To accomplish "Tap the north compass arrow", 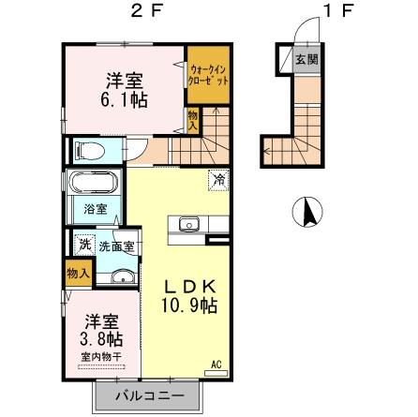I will [306, 211].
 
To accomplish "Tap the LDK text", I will [193, 285].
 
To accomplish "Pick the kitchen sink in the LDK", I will [184, 225].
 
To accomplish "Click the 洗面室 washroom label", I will [117, 245].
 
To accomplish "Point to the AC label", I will [216, 365].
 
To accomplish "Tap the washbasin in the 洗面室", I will [119, 276].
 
